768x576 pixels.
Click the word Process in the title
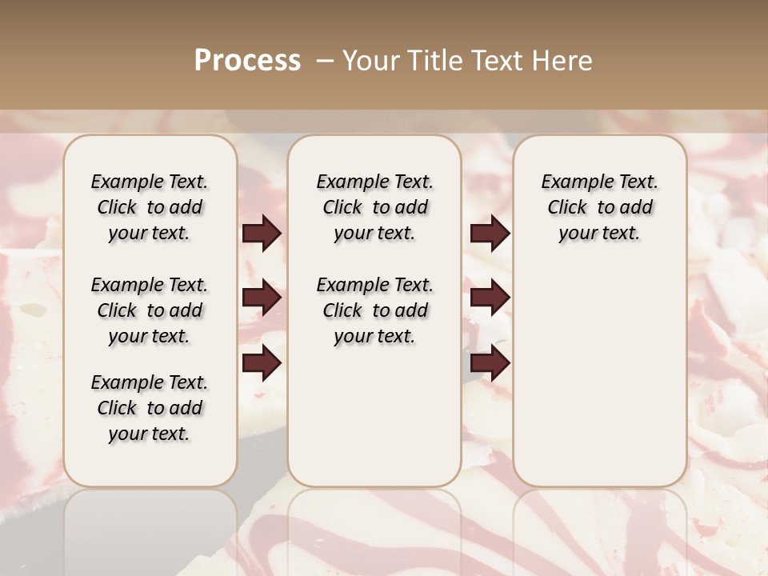click(x=247, y=61)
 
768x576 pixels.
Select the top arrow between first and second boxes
click(x=262, y=234)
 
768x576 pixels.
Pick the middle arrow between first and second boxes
click(x=262, y=298)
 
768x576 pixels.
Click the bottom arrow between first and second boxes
click(x=262, y=363)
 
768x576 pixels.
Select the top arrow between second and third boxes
click(x=490, y=234)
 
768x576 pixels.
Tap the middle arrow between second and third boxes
click(x=490, y=298)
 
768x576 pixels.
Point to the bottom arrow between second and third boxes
click(x=490, y=363)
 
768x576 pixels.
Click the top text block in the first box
click(x=150, y=207)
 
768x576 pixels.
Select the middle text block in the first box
click(x=150, y=310)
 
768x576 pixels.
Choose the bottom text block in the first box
click(x=150, y=408)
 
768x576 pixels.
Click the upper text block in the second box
click(x=374, y=207)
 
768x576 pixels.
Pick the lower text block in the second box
click(x=374, y=310)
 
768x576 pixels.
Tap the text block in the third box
click(x=600, y=207)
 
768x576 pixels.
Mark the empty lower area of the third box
click(x=600, y=376)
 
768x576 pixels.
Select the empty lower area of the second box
click(x=374, y=416)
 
